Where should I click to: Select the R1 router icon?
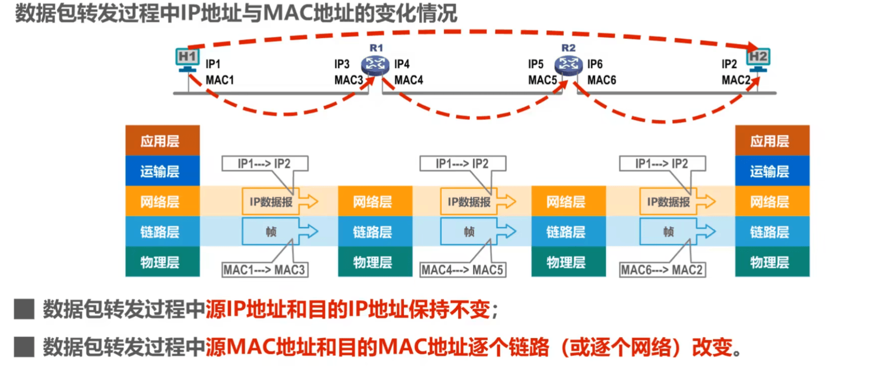(375, 64)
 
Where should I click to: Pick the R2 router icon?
(568, 64)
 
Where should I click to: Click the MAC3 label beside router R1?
(348, 80)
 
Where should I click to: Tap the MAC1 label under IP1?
(220, 80)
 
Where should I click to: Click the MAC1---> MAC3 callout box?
(265, 270)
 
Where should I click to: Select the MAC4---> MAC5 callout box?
(463, 270)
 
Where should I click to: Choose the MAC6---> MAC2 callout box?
(662, 270)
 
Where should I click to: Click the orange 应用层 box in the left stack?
(162, 141)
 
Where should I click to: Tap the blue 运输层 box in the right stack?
(772, 171)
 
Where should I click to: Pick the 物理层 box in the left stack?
(162, 262)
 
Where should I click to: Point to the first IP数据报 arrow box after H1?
(271, 202)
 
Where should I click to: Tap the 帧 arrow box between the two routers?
(469, 232)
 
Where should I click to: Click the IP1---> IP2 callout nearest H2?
(662, 164)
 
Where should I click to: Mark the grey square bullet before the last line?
(24, 347)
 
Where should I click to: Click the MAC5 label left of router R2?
(542, 80)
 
